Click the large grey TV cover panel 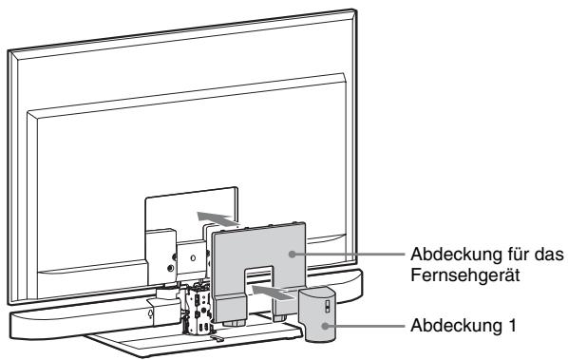251,256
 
